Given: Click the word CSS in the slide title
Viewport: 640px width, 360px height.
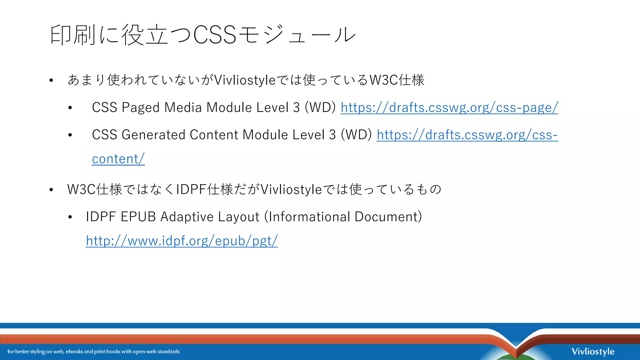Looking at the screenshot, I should pyautogui.click(x=215, y=35).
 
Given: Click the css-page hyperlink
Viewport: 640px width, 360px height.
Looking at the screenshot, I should pyautogui.click(x=449, y=107).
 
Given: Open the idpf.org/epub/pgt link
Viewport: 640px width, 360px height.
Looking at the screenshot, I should pyautogui.click(x=182, y=241).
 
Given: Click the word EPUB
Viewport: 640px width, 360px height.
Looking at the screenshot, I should pyautogui.click(x=138, y=217).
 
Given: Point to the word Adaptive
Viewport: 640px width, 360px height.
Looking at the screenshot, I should pyautogui.click(x=187, y=217).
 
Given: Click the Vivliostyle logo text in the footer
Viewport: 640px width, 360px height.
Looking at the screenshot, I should pyautogui.click(x=593, y=352).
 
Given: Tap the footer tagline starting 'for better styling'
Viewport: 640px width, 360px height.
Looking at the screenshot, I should pyautogui.click(x=93, y=352).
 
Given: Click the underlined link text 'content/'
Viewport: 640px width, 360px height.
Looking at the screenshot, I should pyautogui.click(x=118, y=159).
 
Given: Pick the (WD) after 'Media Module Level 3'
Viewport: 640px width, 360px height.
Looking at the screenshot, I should pyautogui.click(x=320, y=107).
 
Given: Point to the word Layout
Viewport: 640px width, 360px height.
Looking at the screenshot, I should pyautogui.click(x=238, y=217).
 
